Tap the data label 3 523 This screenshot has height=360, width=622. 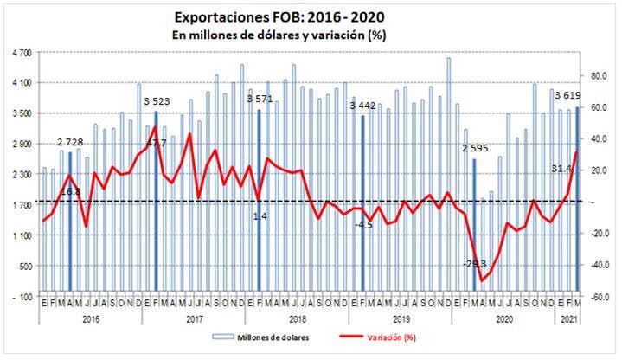(x=157, y=100)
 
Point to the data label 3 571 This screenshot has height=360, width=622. (x=260, y=99)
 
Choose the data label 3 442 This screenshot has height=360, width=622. (x=363, y=105)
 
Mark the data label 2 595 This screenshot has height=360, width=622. (x=475, y=148)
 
